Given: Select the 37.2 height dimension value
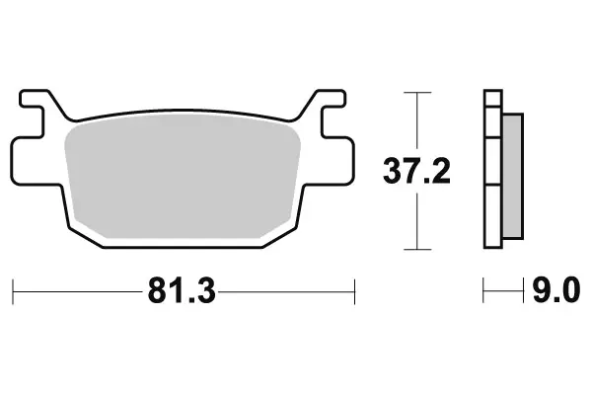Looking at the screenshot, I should coord(416,172).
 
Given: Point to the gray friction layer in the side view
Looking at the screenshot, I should coord(513,175).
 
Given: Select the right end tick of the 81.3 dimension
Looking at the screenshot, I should coord(353,291).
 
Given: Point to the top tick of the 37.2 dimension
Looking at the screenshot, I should coord(418,93).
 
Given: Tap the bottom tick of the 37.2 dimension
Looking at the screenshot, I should coord(418,247).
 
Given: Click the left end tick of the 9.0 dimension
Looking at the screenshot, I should coord(483,291).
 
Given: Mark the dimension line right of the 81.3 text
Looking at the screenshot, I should coord(286,291).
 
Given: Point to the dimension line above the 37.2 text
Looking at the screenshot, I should coord(418,123).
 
